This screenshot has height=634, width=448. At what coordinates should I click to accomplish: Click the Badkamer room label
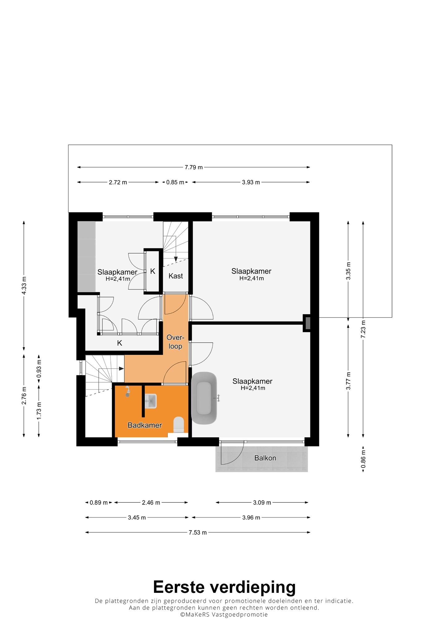click(x=145, y=425)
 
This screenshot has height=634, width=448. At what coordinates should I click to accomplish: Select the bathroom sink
click(x=151, y=401)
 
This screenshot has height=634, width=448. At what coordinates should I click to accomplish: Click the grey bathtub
click(x=204, y=398)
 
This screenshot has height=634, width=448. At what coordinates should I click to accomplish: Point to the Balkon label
click(x=265, y=458)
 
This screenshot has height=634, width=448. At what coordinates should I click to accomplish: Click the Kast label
click(x=176, y=276)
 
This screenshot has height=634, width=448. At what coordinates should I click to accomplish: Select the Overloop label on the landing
click(x=175, y=342)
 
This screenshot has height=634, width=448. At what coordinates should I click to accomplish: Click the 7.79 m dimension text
click(x=194, y=167)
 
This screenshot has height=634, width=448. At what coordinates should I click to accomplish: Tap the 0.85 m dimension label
click(x=175, y=182)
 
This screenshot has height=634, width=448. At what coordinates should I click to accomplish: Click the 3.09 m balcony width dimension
click(x=262, y=502)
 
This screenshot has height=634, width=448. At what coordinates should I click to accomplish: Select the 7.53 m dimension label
click(x=198, y=532)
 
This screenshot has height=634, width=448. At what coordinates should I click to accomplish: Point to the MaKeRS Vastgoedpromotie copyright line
click(x=224, y=614)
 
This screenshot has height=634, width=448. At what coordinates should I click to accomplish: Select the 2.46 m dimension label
click(x=151, y=502)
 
